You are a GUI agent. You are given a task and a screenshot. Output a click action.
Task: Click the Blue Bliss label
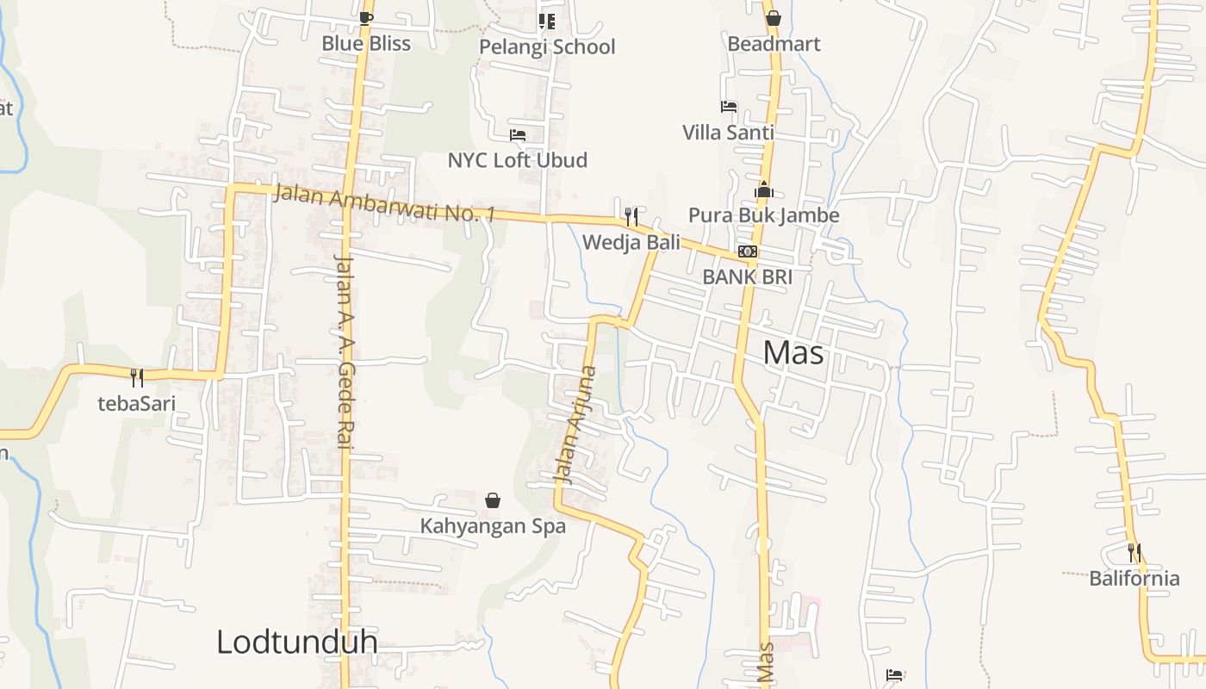point(366,43)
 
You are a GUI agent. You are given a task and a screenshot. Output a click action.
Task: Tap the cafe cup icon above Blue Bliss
point(366,18)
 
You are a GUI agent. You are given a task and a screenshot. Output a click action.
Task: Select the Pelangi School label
point(547,47)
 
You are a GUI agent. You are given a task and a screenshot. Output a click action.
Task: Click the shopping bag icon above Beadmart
point(774,17)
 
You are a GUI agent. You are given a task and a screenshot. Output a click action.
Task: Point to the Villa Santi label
point(728,133)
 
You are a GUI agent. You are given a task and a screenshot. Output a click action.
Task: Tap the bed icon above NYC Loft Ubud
point(518,135)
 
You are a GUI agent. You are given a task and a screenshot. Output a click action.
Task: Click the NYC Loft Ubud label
point(517,160)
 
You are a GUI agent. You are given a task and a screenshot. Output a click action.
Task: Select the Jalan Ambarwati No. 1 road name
point(384,203)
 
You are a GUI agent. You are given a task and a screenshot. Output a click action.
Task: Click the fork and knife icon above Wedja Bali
point(631,216)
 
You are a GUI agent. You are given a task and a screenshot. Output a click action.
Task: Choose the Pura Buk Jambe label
point(763,215)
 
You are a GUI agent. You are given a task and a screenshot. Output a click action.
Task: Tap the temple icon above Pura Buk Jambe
point(764,189)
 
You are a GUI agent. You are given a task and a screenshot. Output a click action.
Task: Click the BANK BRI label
point(747,276)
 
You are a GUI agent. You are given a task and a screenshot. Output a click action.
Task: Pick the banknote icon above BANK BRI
point(748,251)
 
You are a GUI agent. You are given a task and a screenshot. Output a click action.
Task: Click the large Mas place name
point(793,352)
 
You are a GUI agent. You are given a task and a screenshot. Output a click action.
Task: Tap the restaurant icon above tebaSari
point(137,377)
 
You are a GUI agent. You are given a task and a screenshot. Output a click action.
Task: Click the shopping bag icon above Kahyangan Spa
point(493,500)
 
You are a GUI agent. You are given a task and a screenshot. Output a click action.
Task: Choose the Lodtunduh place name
point(296,642)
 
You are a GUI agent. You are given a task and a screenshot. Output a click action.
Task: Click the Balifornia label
point(1135,578)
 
